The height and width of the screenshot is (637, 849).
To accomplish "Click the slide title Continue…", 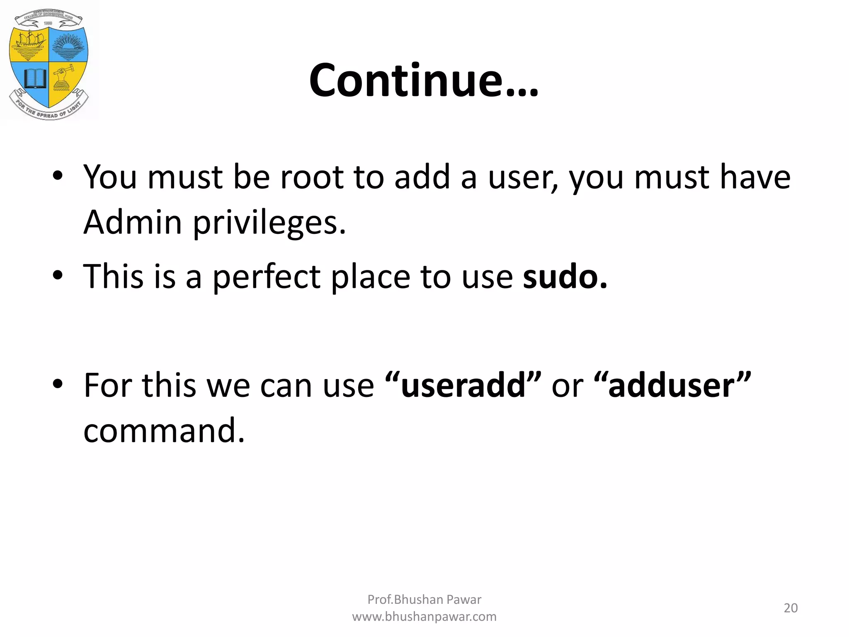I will click(424, 80).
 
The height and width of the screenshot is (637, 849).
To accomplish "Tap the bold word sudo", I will click(564, 277).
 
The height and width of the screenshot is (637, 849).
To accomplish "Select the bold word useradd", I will click(463, 385).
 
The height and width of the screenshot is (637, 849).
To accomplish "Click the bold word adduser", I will click(672, 385).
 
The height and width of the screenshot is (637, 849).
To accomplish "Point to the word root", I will click(312, 177).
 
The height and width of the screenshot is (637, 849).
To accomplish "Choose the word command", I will click(164, 430).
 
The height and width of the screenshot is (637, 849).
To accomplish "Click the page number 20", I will click(791, 608).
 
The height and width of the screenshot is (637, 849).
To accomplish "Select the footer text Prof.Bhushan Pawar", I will click(424, 599).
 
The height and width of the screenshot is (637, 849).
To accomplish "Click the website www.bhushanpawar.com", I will click(424, 617).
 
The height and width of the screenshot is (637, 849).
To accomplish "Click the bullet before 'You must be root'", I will click(58, 176).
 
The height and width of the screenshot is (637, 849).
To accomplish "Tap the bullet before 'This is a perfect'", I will click(58, 275).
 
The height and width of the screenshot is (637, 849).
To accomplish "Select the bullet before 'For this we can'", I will click(58, 384).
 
